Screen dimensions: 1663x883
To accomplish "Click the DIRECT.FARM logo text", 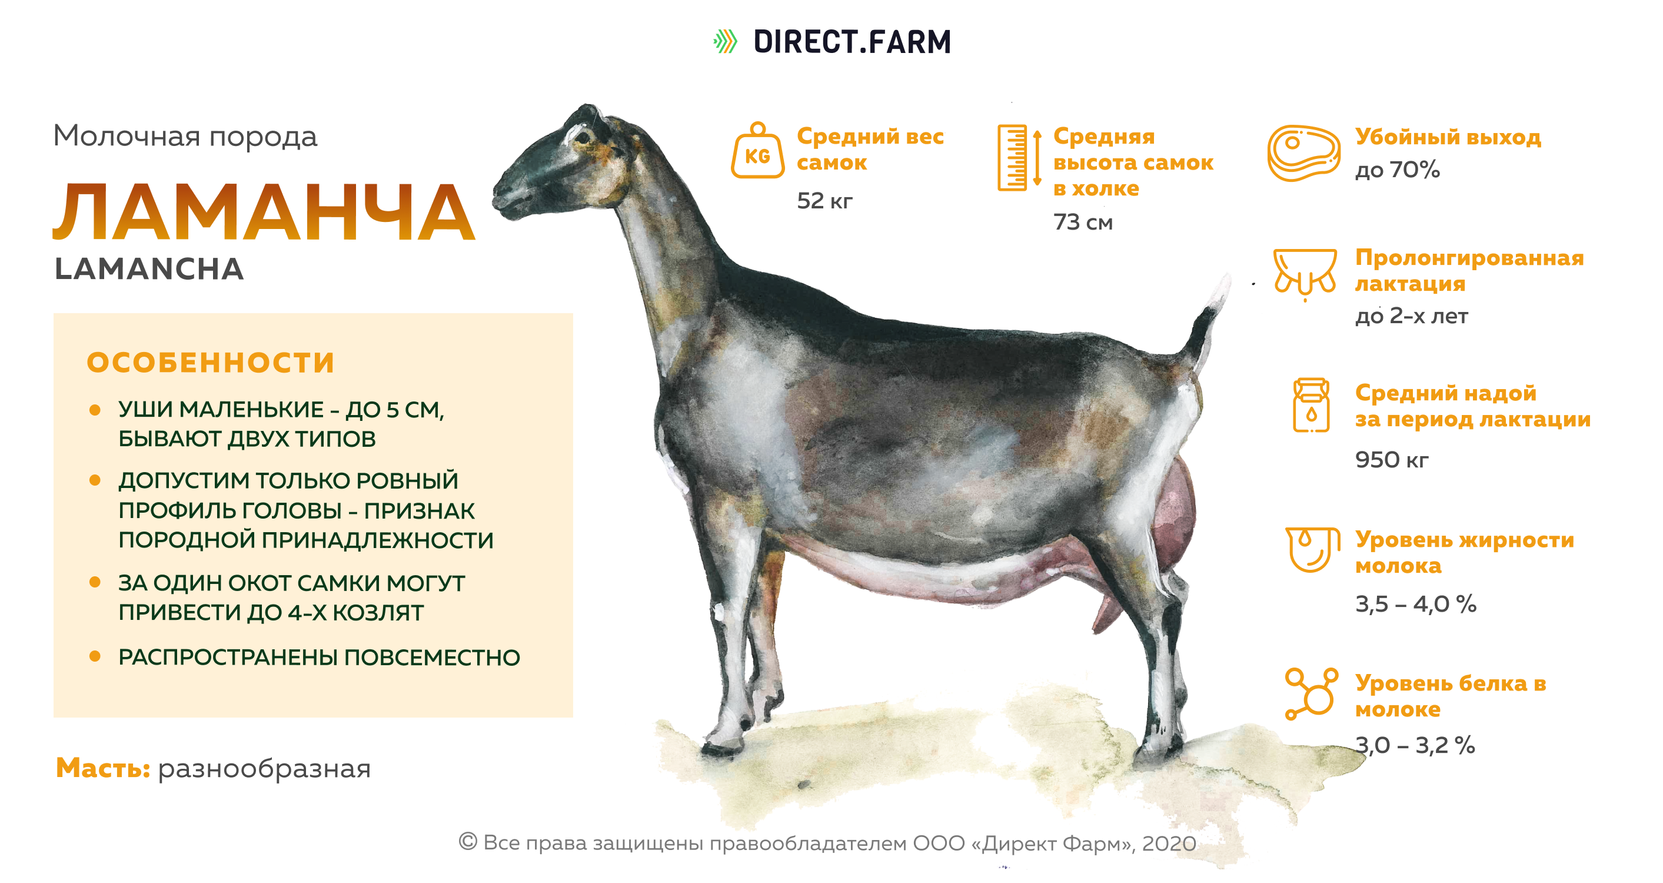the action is pyautogui.click(x=852, y=42).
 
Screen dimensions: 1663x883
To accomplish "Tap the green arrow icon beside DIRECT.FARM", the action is pyautogui.click(x=725, y=41).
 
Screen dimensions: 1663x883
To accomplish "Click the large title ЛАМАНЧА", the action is pyautogui.click(x=264, y=211).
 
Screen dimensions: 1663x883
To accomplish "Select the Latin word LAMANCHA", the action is pyautogui.click(x=149, y=268).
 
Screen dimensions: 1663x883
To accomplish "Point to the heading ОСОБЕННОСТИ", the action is pyautogui.click(x=211, y=363).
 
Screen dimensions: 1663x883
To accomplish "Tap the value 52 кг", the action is pyautogui.click(x=824, y=201).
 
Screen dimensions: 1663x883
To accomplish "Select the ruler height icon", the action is pyautogui.click(x=1019, y=158).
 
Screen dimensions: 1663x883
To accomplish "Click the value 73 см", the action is pyautogui.click(x=1083, y=222).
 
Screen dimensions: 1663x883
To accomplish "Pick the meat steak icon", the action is pyautogui.click(x=1303, y=153).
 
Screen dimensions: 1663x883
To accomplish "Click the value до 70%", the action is pyautogui.click(x=1397, y=170).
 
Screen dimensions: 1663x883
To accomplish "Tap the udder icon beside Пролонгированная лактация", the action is pyautogui.click(x=1305, y=274).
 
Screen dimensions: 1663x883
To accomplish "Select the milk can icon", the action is pyautogui.click(x=1311, y=405).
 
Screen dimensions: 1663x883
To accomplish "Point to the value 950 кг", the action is pyautogui.click(x=1391, y=460).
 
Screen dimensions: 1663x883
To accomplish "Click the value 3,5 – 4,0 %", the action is pyautogui.click(x=1415, y=605).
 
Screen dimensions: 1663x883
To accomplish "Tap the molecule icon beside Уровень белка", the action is pyautogui.click(x=1311, y=693).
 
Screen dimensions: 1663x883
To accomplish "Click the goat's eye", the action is pyautogui.click(x=584, y=137).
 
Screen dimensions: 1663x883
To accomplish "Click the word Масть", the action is pyautogui.click(x=102, y=768).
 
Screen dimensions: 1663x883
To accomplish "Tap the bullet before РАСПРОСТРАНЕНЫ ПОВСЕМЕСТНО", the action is pyautogui.click(x=95, y=656).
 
